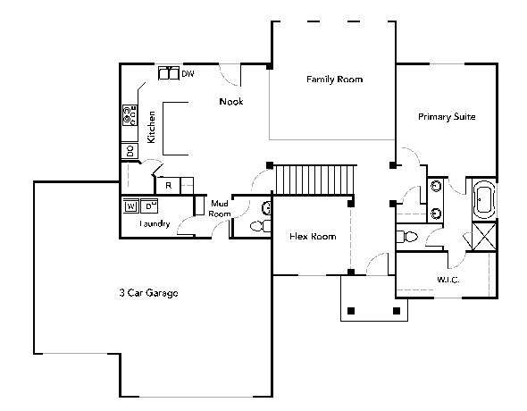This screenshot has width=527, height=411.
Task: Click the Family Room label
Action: (334, 80)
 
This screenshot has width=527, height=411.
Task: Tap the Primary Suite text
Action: (447, 117)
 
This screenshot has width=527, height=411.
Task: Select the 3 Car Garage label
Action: (148, 293)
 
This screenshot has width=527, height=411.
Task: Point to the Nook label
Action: (231, 102)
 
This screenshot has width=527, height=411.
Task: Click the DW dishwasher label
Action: (188, 73)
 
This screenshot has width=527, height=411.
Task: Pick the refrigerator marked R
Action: (169, 186)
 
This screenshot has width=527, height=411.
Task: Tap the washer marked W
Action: (131, 206)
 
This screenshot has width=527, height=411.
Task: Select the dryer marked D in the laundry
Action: (149, 206)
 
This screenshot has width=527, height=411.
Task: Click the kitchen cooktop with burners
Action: (130, 115)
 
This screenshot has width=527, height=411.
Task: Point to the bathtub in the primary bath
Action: (483, 200)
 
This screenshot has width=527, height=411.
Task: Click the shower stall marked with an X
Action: (484, 236)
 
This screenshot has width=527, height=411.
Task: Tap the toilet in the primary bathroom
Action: (407, 237)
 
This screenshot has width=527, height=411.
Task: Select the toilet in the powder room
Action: (260, 226)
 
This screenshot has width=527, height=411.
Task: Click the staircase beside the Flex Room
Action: (314, 180)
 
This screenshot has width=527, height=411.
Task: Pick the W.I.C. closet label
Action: (448, 280)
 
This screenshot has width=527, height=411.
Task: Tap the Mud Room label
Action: (220, 208)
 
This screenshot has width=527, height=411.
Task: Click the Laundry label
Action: (155, 223)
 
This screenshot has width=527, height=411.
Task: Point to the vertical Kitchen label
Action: (152, 127)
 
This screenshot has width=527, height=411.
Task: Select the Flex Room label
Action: (313, 236)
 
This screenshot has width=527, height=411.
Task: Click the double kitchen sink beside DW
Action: (169, 73)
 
